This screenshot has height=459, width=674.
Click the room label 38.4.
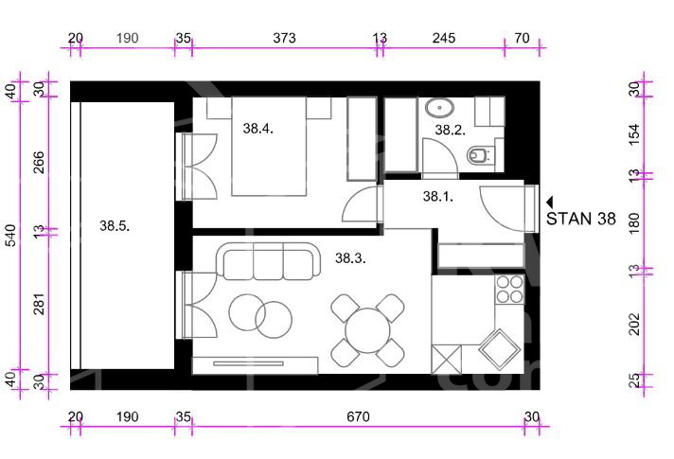[x=257, y=128]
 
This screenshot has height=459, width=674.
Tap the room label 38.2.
[x=450, y=130]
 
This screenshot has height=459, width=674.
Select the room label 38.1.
[x=438, y=197]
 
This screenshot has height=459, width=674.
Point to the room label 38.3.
[x=350, y=258]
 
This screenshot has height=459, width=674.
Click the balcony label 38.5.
[x=115, y=225]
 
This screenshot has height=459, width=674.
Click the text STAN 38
[x=580, y=219]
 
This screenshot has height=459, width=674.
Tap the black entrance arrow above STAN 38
[x=550, y=202]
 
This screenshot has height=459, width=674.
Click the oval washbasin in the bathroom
[x=440, y=108]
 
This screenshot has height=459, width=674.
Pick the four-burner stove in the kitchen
[x=510, y=290]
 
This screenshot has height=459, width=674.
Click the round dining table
[x=367, y=330]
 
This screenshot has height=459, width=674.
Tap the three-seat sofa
[x=268, y=262]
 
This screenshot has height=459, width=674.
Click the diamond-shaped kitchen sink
[x=500, y=350]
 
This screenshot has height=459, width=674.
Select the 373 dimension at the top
[x=285, y=38]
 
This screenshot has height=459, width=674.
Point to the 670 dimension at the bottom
[x=358, y=416]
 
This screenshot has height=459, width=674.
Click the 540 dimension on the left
[x=11, y=236]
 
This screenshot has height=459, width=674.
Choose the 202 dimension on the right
[x=635, y=324]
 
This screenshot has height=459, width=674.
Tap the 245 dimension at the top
[x=444, y=38]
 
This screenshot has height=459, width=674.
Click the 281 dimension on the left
[x=39, y=304]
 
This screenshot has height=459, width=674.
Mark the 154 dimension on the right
[x=635, y=134]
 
